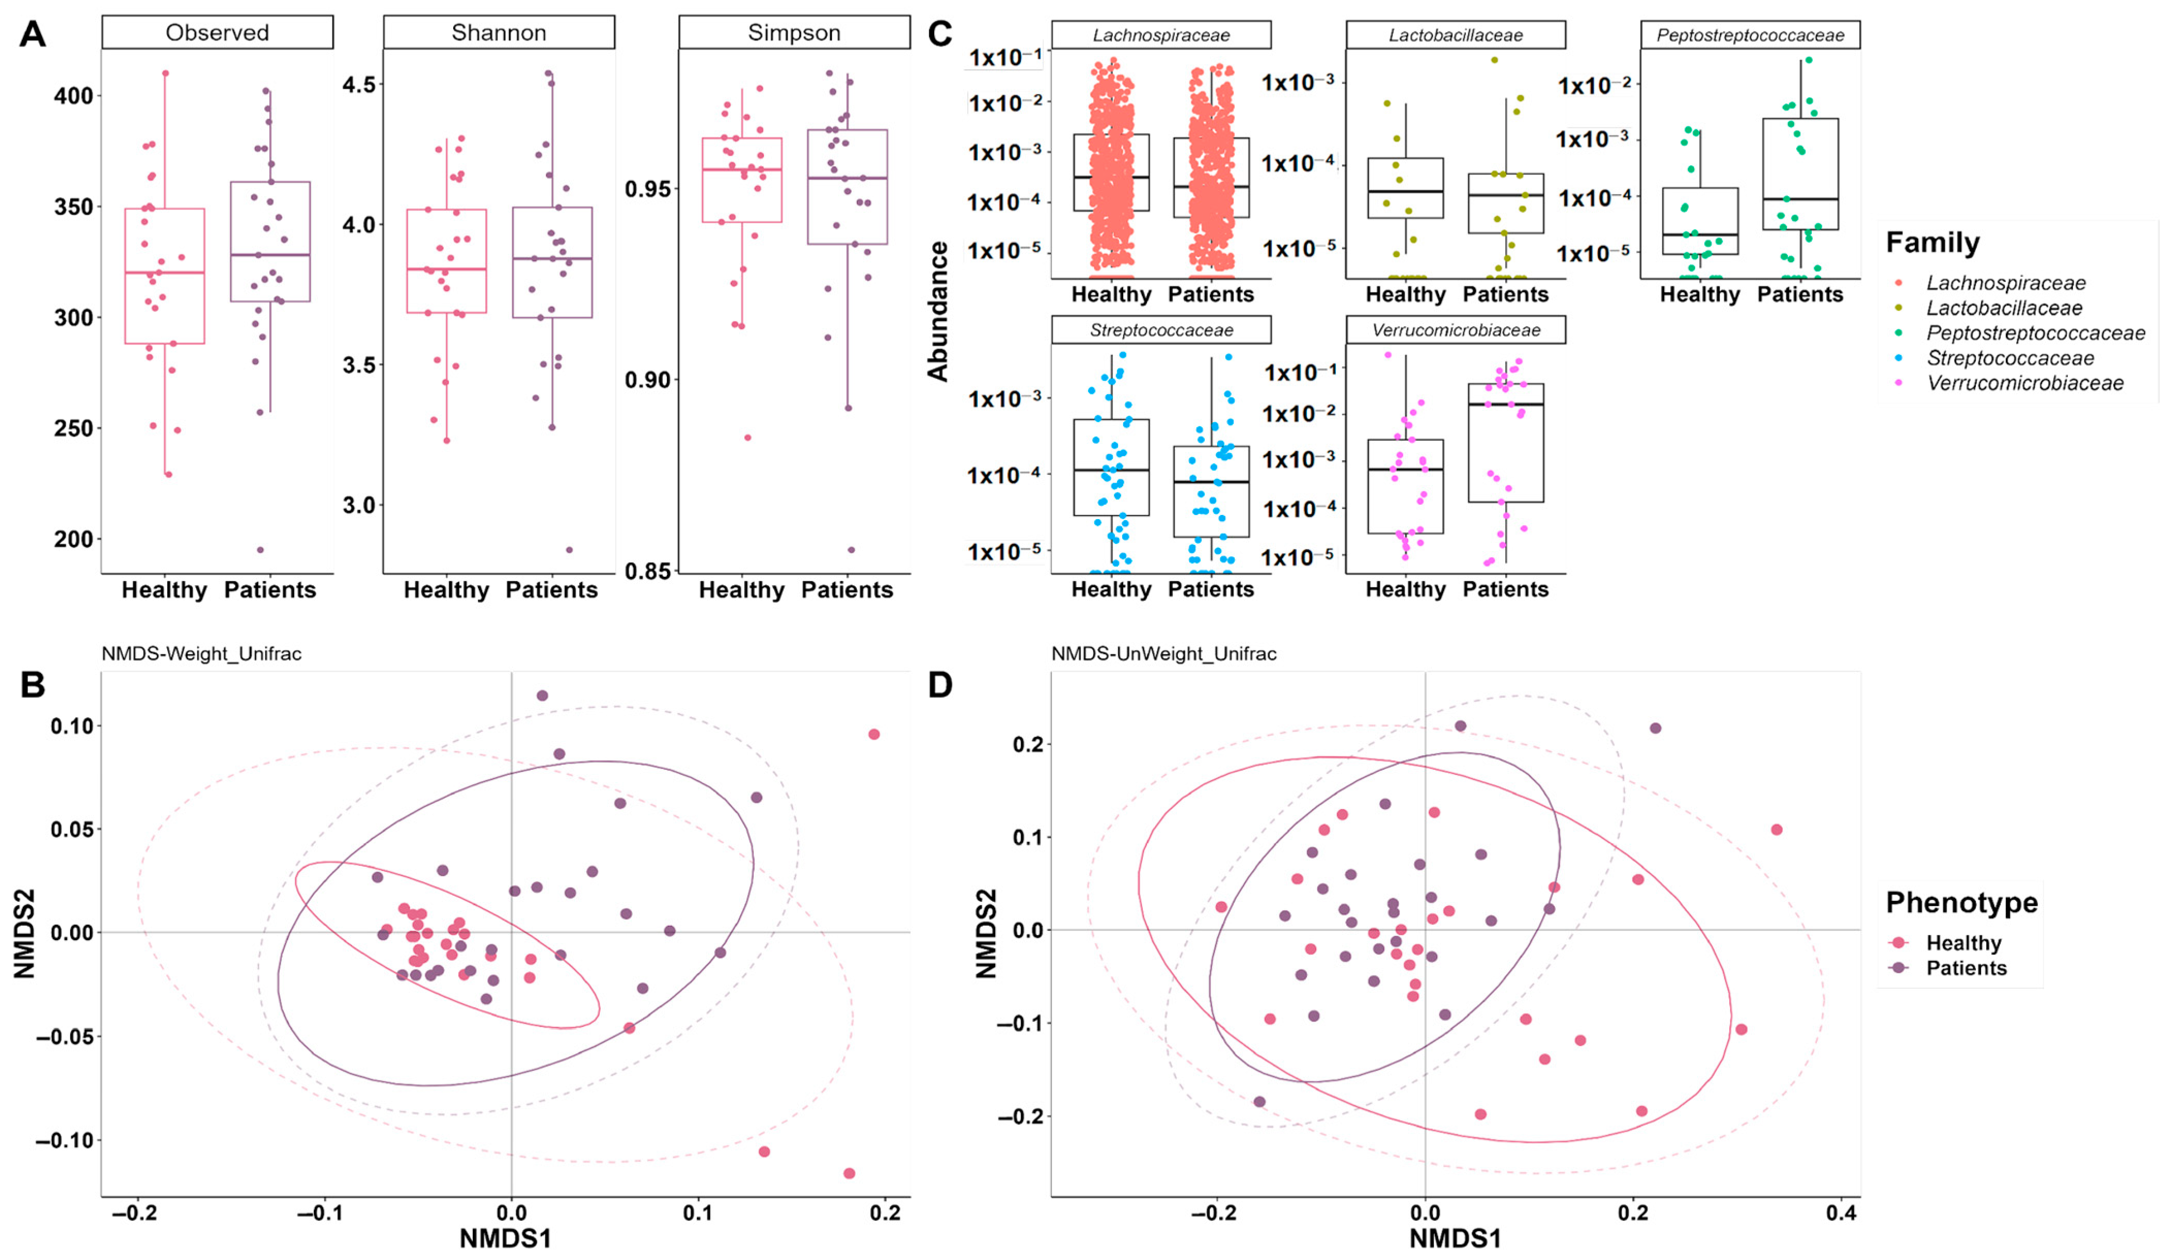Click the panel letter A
[x=33, y=35]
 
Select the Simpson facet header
[x=794, y=33]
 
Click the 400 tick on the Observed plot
[x=73, y=95]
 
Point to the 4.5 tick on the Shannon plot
[x=359, y=85]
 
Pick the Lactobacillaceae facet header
[x=1455, y=35]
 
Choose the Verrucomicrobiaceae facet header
[x=1455, y=330]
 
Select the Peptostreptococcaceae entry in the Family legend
[x=2035, y=333]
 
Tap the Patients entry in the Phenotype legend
[x=1966, y=968]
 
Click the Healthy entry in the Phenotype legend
[x=1963, y=943]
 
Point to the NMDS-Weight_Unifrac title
[x=202, y=653]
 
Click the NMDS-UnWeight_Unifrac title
[x=1163, y=653]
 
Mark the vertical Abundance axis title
[x=938, y=310]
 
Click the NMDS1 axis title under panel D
[x=1455, y=1238]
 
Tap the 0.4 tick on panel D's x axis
[x=1841, y=1213]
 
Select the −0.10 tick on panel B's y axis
[x=64, y=1140]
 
